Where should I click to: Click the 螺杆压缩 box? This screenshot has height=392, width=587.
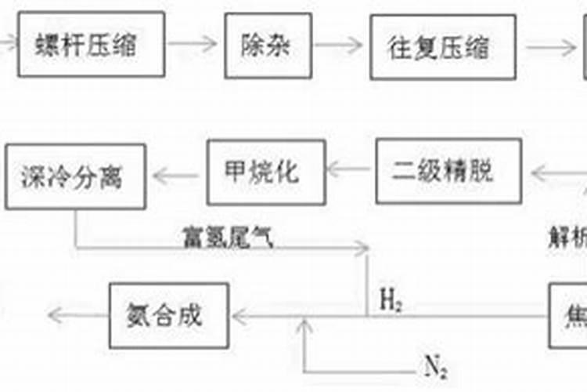(x=92, y=44)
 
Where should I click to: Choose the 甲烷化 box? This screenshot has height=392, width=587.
(x=266, y=171)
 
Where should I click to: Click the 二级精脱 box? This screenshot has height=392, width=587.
(x=448, y=171)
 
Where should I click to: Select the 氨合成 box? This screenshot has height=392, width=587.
(x=169, y=316)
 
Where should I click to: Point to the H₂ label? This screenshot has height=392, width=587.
(x=391, y=299)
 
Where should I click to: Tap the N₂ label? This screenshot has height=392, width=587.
(x=435, y=364)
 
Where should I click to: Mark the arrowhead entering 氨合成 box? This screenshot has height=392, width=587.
(x=237, y=317)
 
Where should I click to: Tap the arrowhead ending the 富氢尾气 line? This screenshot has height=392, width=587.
(x=362, y=249)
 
